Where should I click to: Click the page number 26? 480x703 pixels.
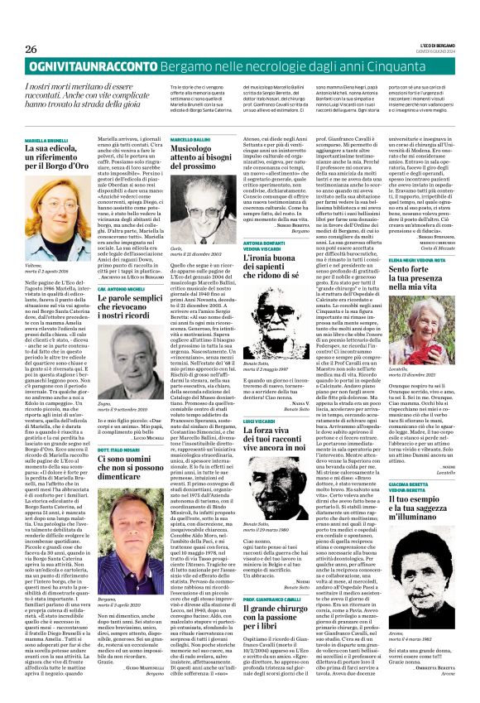(x=31, y=49)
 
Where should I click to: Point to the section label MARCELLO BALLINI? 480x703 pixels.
(x=191, y=141)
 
